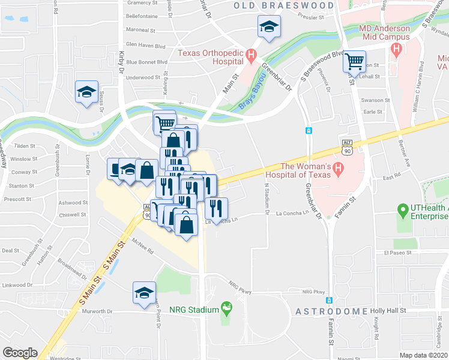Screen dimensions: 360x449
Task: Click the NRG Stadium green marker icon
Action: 226,309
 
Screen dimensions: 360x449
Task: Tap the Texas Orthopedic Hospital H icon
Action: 252,58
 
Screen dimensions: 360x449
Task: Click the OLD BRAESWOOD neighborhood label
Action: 283,5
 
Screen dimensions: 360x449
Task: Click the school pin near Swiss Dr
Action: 86,92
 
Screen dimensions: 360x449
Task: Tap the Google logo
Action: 20,352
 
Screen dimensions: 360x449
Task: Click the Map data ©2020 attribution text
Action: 423,355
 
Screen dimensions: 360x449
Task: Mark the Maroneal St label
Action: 140,30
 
